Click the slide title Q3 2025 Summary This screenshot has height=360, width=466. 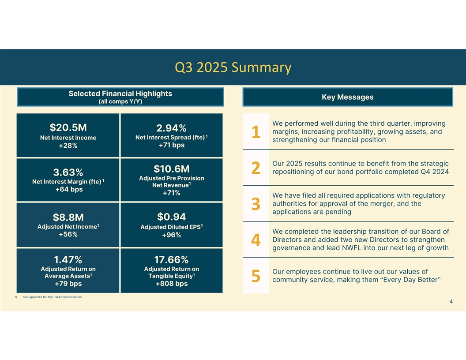point(233,67)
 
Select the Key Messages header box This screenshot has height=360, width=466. point(347,97)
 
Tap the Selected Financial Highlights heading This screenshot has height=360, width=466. point(120,94)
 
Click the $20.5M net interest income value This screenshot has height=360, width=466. point(68,127)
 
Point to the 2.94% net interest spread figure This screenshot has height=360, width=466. point(171,128)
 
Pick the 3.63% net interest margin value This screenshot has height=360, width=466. point(68,172)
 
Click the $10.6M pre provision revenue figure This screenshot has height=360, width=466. point(171,169)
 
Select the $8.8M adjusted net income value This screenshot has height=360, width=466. point(68,217)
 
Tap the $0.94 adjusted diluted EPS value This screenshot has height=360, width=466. point(171,217)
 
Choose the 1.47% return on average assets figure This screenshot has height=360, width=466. point(68,259)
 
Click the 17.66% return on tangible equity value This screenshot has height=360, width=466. point(171,259)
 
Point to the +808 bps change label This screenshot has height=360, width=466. point(171,284)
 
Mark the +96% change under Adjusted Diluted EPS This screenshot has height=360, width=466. point(171,235)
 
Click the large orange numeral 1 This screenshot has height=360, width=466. point(256,132)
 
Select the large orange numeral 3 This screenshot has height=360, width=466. point(256,204)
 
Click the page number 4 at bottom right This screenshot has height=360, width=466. point(451,302)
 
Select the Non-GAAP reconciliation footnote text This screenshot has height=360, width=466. point(52,297)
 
